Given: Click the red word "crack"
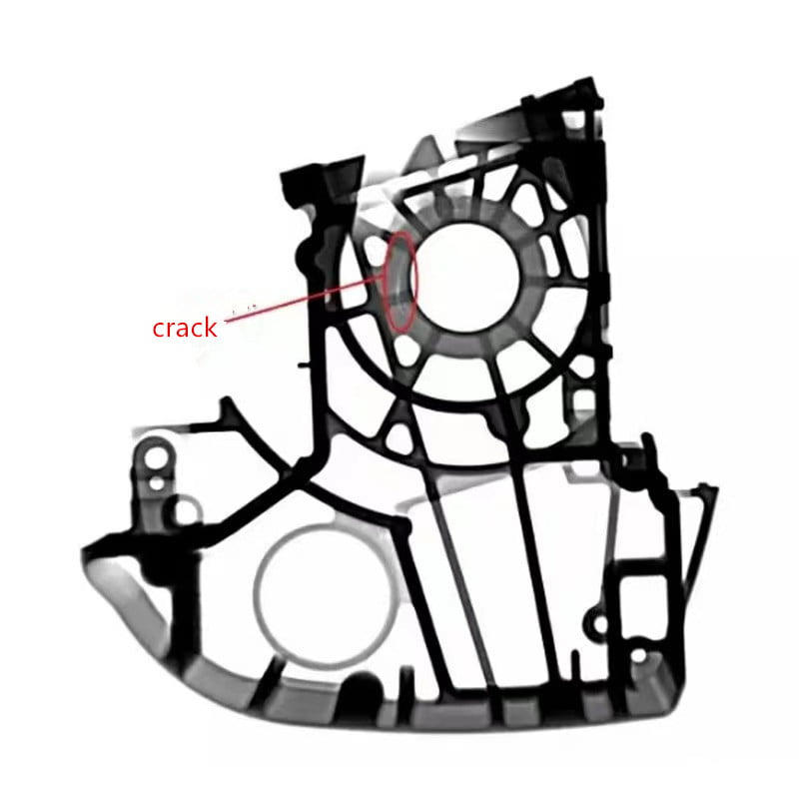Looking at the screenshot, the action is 185,328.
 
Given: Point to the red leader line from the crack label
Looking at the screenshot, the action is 305,301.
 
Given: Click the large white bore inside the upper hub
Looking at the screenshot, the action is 466,278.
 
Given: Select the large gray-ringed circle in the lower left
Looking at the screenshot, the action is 325,595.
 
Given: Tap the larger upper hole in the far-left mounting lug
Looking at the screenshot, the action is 156,457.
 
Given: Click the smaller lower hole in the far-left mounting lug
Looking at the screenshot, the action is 157,482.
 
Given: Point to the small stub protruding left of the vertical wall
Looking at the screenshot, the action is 304,365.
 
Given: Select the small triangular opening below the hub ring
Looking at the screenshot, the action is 399,438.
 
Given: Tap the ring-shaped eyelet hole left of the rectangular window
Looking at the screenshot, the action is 600,623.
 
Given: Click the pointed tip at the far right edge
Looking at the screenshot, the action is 717,489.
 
